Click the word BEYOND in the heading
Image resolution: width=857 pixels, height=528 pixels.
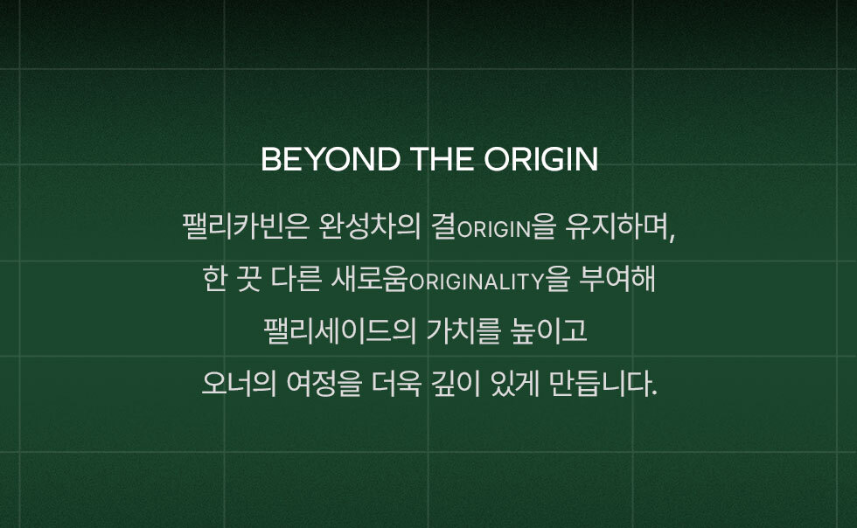(x=331, y=159)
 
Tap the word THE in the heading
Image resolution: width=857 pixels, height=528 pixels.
(x=442, y=159)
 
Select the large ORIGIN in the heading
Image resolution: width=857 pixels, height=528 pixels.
(x=540, y=159)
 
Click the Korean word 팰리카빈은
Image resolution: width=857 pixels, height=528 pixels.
(x=246, y=226)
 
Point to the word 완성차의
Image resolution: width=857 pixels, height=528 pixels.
(x=369, y=226)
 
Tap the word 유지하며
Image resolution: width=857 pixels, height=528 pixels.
(x=617, y=226)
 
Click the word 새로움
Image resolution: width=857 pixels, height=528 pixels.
(x=369, y=278)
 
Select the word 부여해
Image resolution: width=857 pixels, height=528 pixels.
(x=617, y=278)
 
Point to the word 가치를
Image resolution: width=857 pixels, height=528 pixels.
(x=463, y=330)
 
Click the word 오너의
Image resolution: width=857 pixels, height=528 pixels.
(x=239, y=383)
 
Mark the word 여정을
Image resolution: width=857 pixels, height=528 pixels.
(x=324, y=383)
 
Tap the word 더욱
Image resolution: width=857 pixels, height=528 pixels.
(x=396, y=383)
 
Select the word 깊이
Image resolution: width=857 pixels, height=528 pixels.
(x=456, y=383)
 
